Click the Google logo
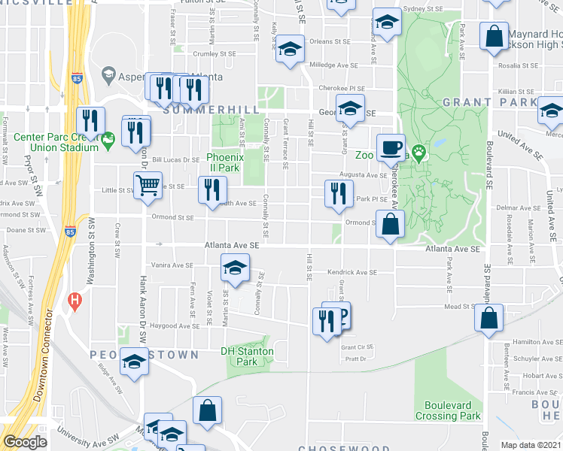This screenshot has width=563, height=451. pos(25,442)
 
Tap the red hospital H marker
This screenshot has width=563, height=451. pos(74,302)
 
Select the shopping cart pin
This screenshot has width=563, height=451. pos(148,185)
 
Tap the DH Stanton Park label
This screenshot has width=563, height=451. pos(247,356)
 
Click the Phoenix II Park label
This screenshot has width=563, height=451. pos(224,162)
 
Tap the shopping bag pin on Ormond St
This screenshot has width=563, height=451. pos(391,223)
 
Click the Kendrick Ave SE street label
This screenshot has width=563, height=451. pos(351,272)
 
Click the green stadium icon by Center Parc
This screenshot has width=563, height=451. pos(108,139)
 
